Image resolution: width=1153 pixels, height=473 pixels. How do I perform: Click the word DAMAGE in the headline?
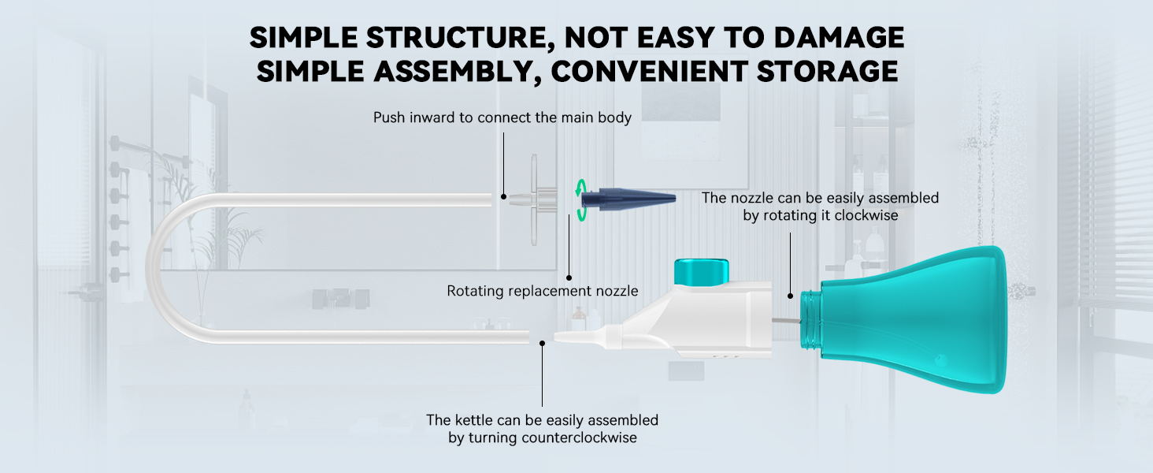(839, 37)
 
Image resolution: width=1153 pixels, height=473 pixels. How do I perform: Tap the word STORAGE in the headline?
(828, 71)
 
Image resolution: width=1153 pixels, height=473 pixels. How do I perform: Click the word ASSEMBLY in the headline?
(456, 72)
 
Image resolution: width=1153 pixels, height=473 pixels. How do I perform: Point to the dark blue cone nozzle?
(628, 199)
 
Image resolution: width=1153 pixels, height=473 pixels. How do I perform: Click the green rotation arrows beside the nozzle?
(580, 200)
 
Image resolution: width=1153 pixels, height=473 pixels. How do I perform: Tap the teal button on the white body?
(702, 271)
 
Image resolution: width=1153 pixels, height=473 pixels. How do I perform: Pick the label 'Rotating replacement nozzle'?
(543, 291)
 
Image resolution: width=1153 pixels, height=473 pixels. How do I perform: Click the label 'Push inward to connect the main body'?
(502, 117)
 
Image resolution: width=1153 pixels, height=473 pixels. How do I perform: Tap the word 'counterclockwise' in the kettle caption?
(579, 438)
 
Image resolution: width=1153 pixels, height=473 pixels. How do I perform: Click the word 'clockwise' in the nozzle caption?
(866, 215)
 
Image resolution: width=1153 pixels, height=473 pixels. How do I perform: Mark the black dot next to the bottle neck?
(790, 296)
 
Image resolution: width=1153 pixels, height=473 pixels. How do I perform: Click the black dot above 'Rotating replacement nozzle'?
(569, 277)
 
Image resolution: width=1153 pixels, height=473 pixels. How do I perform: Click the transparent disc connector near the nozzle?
(536, 199)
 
